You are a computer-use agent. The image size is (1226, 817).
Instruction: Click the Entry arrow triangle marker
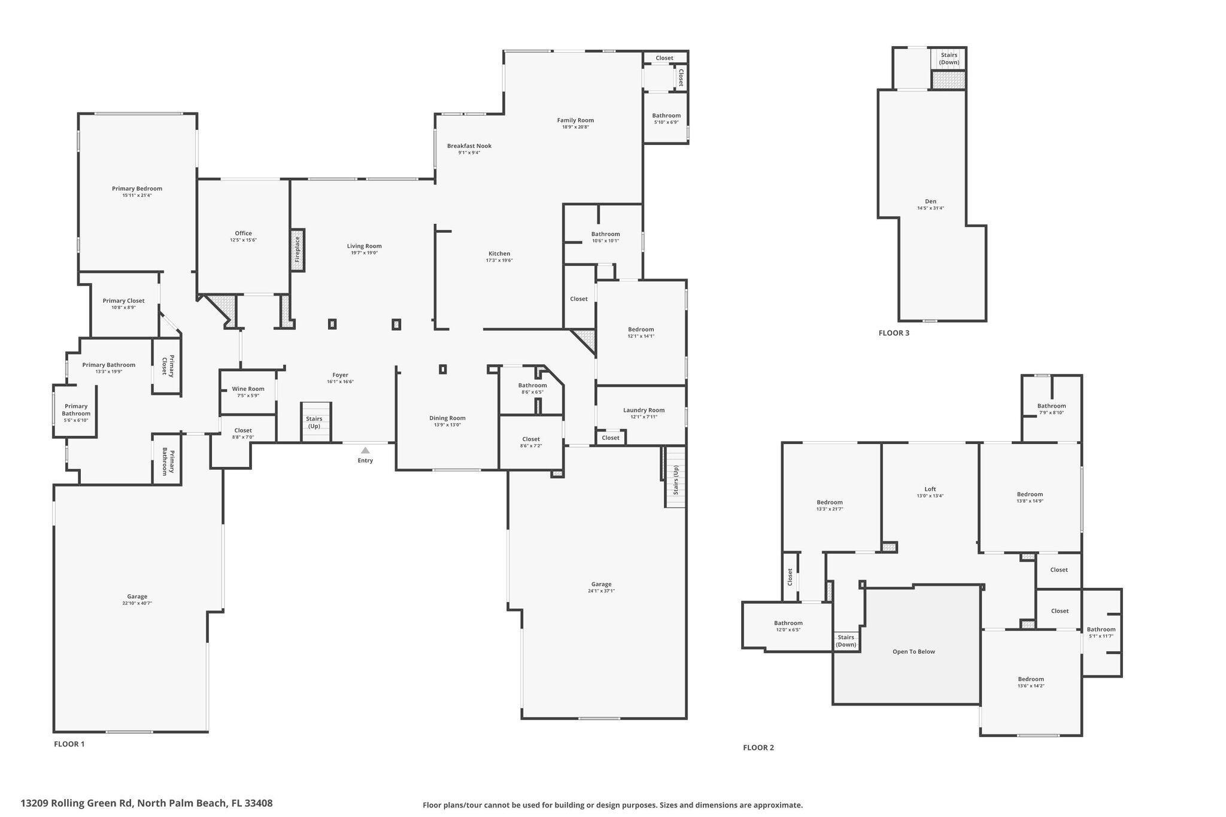pyautogui.click(x=365, y=450)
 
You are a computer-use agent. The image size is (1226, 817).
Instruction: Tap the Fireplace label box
pyautogui.click(x=298, y=250)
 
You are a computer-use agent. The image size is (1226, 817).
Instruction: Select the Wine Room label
pyautogui.click(x=248, y=389)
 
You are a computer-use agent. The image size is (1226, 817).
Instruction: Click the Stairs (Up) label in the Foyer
pyautogui.click(x=314, y=422)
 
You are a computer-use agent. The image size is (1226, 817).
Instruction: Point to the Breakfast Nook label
pyautogui.click(x=469, y=145)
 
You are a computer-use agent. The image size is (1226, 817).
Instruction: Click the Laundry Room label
pyautogui.click(x=644, y=410)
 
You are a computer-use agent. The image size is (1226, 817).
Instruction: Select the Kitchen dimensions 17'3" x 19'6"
pyautogui.click(x=499, y=260)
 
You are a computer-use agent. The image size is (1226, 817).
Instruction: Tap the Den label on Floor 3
pyautogui.click(x=930, y=201)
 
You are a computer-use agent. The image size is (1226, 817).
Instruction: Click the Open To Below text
pyautogui.click(x=914, y=651)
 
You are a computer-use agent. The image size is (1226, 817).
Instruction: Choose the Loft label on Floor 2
pyautogui.click(x=930, y=489)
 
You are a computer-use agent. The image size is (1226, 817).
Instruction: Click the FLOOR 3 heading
pyautogui.click(x=894, y=333)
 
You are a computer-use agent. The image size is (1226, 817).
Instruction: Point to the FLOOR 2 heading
pyautogui.click(x=758, y=748)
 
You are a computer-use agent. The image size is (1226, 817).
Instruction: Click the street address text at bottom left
pyautogui.click(x=147, y=803)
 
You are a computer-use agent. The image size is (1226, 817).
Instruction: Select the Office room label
pyautogui.click(x=243, y=233)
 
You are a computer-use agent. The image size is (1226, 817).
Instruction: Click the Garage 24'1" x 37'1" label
pyautogui.click(x=601, y=587)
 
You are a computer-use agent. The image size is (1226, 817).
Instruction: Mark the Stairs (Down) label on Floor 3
pyautogui.click(x=949, y=59)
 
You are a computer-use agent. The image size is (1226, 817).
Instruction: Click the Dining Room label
pyautogui.click(x=447, y=418)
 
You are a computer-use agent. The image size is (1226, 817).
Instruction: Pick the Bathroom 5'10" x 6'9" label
pyautogui.click(x=666, y=116)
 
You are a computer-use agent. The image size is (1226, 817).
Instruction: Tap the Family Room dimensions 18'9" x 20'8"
pyautogui.click(x=575, y=127)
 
